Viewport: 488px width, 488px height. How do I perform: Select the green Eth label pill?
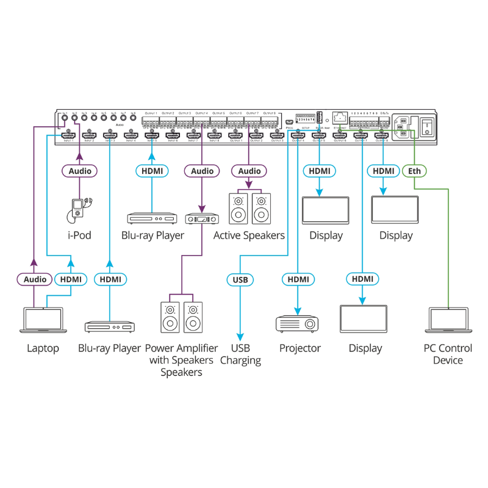tap(415, 171)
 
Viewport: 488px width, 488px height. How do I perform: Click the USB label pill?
tap(240, 279)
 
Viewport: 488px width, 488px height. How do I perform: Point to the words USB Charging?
tap(240, 354)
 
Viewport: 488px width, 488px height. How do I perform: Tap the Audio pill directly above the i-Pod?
tap(80, 171)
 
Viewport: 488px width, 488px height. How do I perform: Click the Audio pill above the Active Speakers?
tap(249, 171)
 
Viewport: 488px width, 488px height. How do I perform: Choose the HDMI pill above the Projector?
tap(298, 279)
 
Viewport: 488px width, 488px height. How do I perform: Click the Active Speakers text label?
tap(249, 235)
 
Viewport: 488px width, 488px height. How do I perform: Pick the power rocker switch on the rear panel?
tap(428, 127)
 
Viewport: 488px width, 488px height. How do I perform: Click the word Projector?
tap(300, 348)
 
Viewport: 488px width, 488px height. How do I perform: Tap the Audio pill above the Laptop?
tap(34, 279)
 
